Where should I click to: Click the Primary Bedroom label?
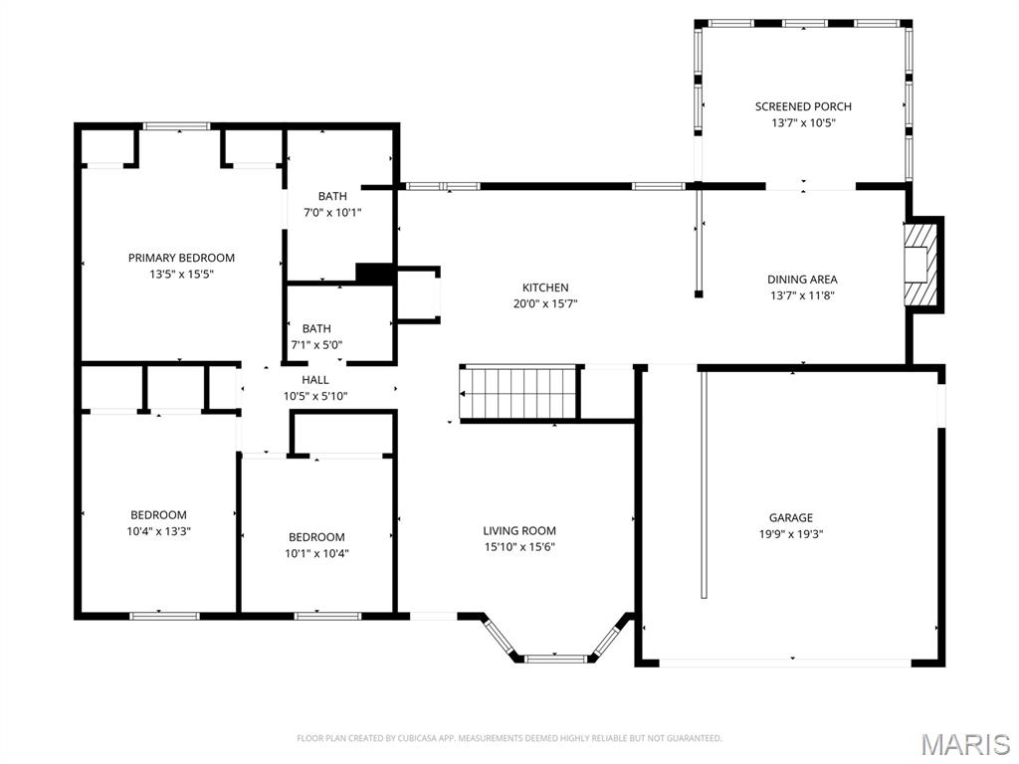181,258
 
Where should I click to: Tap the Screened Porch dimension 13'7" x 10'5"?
803,123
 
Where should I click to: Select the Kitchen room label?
545,287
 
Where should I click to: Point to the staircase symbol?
519,392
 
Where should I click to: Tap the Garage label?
790,517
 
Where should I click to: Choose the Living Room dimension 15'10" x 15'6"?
519,546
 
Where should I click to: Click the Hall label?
315,380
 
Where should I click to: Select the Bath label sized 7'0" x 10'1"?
332,196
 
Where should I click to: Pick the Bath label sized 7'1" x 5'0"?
316,328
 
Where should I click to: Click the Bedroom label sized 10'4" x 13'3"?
158,514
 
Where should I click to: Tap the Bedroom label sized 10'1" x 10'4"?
316,537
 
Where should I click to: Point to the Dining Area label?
802,280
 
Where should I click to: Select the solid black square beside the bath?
374,274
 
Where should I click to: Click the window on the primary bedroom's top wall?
176,126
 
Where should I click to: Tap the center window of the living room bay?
555,659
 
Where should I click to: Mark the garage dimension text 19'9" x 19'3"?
790,533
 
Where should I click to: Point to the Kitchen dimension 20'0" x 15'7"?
545,303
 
